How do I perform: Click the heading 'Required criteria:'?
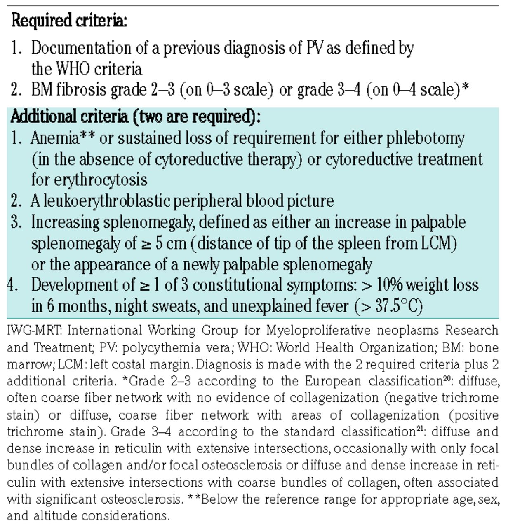[69, 20]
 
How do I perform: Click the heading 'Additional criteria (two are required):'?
[135, 117]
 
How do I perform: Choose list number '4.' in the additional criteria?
[13, 285]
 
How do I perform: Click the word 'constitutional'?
[258, 285]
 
